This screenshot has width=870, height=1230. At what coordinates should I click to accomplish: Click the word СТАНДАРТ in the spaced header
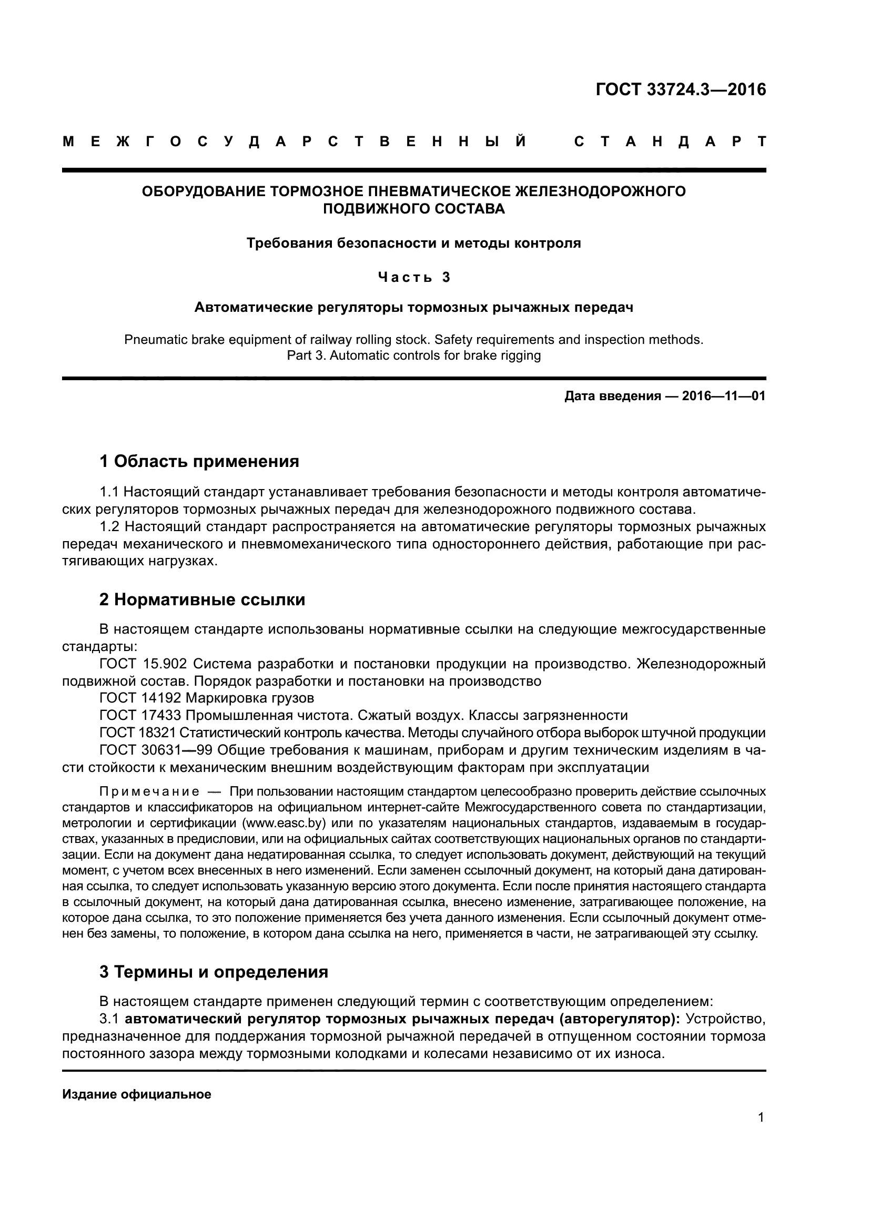click(x=670, y=142)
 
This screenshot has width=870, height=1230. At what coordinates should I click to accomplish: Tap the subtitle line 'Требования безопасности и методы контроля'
click(x=413, y=243)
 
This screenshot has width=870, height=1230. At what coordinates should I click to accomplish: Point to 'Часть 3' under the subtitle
click(x=414, y=277)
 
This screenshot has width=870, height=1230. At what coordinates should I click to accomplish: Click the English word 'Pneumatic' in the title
click(x=154, y=340)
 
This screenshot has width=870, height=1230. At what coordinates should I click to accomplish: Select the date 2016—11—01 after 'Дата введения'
click(x=724, y=397)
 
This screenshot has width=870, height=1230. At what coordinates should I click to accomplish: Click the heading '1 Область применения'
click(x=199, y=461)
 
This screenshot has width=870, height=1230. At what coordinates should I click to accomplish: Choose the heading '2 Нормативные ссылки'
click(x=203, y=599)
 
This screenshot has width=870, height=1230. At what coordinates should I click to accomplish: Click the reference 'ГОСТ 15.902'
click(x=143, y=664)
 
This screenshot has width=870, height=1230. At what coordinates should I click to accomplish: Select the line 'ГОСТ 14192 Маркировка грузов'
click(x=207, y=698)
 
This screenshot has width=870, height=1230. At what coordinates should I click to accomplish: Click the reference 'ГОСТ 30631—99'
click(x=156, y=750)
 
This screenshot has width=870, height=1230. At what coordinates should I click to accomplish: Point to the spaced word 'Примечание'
click(x=149, y=792)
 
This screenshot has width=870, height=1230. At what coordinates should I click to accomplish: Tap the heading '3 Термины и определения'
click(x=214, y=972)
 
